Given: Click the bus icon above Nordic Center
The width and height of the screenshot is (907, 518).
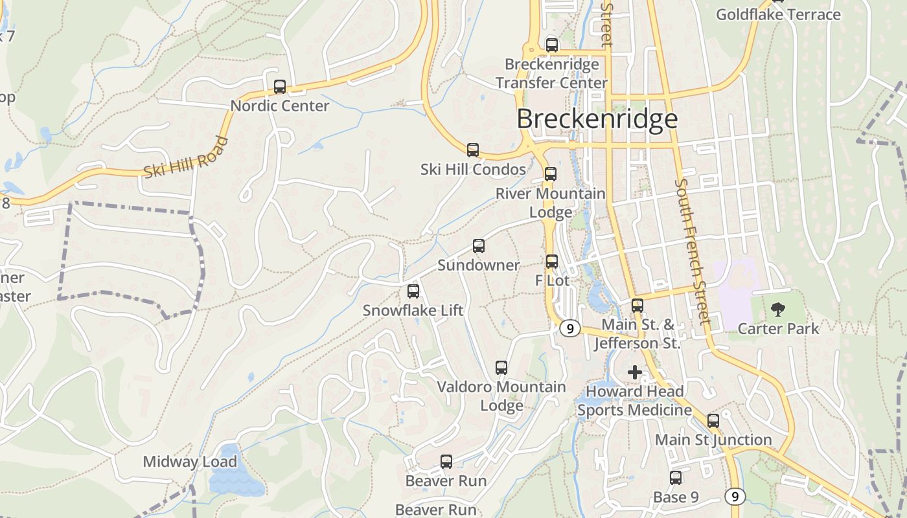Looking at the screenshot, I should point(280,87).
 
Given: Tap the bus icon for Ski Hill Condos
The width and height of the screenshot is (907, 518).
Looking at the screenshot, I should point(473,150).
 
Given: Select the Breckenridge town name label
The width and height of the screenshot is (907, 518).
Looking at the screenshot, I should point(597,119).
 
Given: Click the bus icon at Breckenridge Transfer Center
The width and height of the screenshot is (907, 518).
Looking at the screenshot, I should point(552,45).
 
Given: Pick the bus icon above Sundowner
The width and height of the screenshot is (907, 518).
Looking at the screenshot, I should point(479,246).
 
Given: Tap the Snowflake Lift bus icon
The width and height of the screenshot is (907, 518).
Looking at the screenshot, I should point(413,291).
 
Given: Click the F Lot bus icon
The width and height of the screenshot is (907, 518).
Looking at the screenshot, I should point(552,262).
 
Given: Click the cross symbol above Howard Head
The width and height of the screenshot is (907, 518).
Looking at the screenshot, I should point(635,372).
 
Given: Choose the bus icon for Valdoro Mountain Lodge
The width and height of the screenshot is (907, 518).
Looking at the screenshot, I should point(501,368).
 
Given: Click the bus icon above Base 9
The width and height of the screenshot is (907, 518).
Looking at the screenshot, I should point(676,478).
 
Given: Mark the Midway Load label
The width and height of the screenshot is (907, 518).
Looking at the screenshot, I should point(190,462).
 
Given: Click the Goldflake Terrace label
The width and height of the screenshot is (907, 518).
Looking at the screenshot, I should point(778,14).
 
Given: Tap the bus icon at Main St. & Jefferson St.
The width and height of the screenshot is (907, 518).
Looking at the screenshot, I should point(637,306).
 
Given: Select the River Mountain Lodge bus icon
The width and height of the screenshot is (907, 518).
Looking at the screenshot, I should point(551,174).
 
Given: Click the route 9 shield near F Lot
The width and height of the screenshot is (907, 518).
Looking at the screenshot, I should point(569,329).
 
